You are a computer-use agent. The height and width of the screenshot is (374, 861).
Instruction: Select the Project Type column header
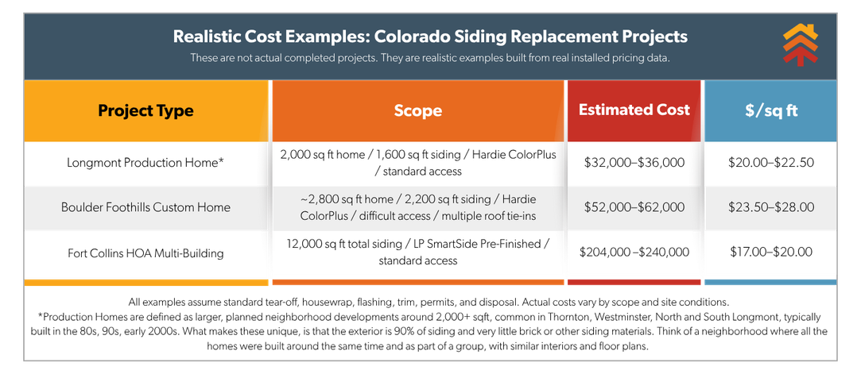tap(145, 110)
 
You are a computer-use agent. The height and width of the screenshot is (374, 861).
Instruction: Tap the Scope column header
tap(417, 110)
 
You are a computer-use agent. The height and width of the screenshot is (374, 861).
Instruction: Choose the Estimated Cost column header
tap(634, 110)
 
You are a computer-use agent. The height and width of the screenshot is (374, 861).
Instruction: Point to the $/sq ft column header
tap(770, 110)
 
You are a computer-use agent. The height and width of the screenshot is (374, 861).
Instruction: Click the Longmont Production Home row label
tap(145, 162)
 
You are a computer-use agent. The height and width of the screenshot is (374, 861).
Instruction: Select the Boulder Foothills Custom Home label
tap(145, 207)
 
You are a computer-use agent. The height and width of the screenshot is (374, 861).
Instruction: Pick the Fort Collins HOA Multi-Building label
tap(145, 253)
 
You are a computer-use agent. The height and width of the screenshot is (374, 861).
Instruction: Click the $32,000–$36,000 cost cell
tap(634, 162)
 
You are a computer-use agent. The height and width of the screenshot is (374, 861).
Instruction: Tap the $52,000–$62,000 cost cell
tap(634, 207)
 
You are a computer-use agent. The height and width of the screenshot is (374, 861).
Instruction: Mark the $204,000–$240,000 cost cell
tap(634, 253)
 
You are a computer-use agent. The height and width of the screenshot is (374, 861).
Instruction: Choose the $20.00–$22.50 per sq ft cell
tap(770, 162)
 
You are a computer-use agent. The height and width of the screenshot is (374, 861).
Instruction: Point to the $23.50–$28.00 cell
tap(770, 207)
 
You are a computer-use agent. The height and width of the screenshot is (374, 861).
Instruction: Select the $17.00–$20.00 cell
tap(770, 253)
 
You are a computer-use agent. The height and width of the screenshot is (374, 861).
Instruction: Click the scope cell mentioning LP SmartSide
tap(417, 253)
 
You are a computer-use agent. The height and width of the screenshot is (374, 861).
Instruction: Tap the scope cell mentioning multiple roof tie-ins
tap(417, 207)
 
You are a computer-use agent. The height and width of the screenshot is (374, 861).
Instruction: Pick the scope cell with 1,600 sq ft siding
tap(417, 162)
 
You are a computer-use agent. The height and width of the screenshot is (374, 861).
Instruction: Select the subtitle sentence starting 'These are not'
tap(430, 58)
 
